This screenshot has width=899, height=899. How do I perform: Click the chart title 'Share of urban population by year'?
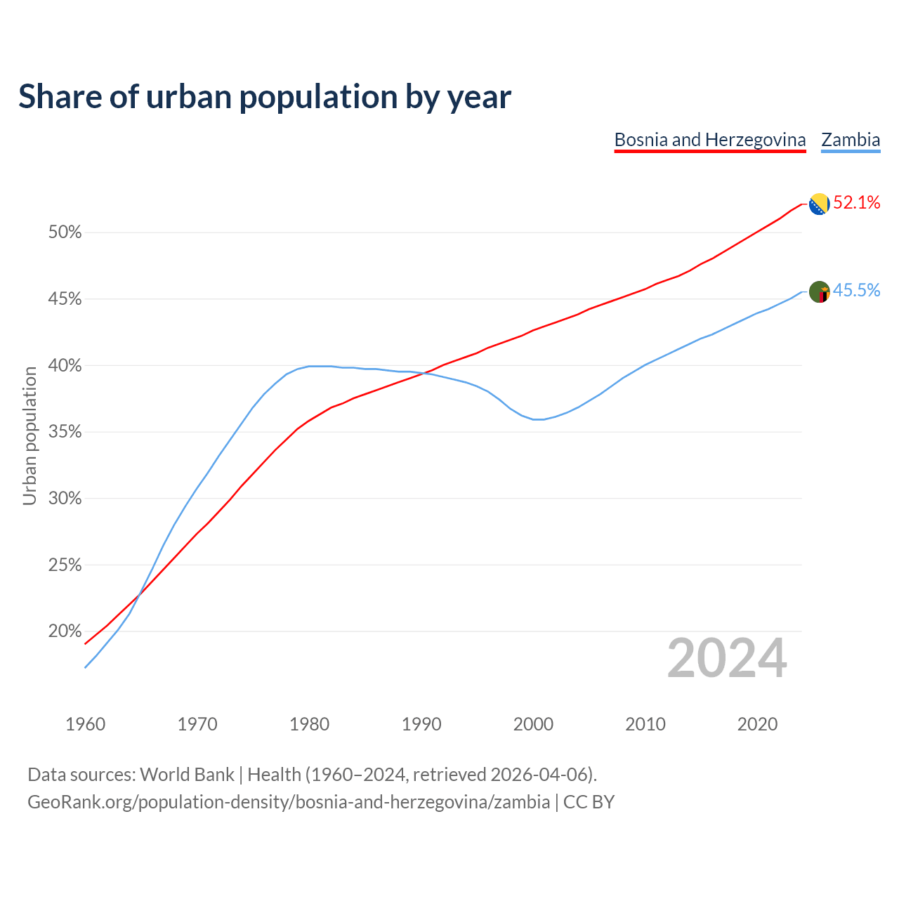point(265,97)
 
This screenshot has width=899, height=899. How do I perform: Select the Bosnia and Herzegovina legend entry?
point(709,140)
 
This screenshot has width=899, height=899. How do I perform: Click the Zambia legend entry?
point(851,140)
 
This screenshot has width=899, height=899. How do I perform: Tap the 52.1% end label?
point(856,203)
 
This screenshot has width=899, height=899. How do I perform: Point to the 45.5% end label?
point(856,290)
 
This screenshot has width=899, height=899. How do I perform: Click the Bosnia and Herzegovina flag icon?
point(819,204)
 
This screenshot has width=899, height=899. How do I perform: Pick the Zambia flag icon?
point(819,291)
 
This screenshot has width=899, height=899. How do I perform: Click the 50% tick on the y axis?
point(65,232)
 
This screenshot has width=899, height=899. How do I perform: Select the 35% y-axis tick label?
point(65,432)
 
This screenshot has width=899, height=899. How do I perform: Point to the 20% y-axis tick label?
point(65,631)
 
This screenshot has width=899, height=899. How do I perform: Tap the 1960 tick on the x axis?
point(86,724)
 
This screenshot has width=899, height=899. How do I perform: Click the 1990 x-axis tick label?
point(421,724)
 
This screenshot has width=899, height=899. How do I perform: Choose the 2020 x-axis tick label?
point(757,724)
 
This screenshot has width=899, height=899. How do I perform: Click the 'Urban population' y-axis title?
point(29,435)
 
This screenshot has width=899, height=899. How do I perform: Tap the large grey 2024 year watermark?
point(727,659)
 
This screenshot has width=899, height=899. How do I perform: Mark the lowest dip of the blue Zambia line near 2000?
point(538,419)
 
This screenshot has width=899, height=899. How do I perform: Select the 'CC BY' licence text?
point(589,802)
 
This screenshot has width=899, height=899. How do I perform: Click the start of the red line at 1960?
point(86,643)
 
